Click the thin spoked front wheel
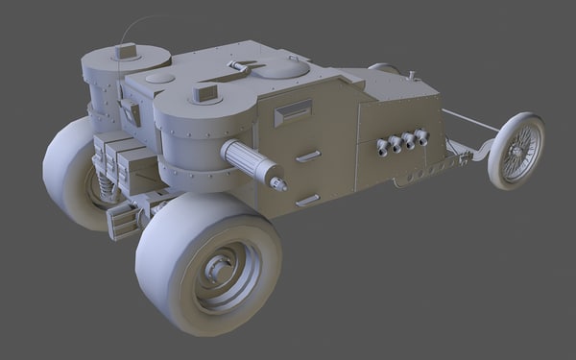tap(516, 150)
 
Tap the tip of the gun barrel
tap(279, 182)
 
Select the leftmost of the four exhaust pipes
tap(383, 146)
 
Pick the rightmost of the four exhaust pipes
tap(421, 137)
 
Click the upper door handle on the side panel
tap(308, 155)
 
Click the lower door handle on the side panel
tap(308, 200)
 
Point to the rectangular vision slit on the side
tap(293, 111)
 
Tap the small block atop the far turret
tap(126, 51)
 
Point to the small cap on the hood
tap(411, 75)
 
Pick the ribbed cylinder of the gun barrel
tap(248, 159)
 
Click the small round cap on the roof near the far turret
tap(160, 78)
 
